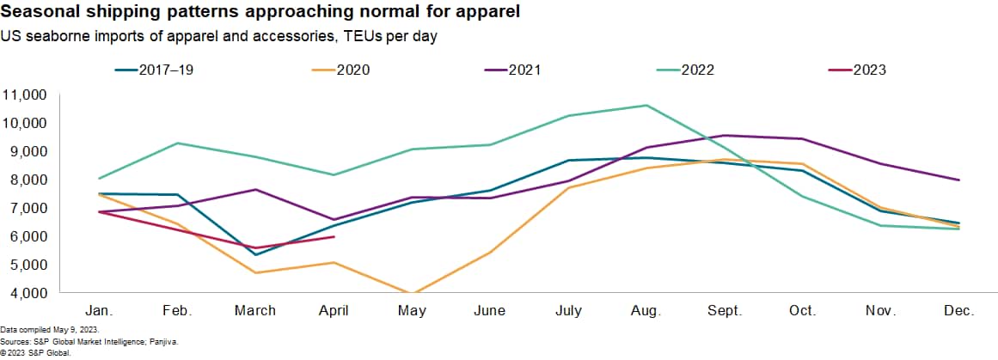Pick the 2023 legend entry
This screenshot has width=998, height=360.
point(868,70)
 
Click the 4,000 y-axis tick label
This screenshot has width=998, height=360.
point(28,293)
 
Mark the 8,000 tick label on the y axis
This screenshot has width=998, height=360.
point(28,180)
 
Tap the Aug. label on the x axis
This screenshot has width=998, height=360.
point(646,310)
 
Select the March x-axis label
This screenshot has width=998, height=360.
point(255,310)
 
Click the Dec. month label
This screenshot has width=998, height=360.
point(959,310)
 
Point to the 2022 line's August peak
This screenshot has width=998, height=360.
point(646,106)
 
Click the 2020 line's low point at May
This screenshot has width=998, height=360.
point(412,293)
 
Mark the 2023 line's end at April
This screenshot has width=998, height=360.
point(334,236)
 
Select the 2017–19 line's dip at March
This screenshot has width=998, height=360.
point(255,254)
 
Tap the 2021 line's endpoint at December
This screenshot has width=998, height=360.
point(959,180)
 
